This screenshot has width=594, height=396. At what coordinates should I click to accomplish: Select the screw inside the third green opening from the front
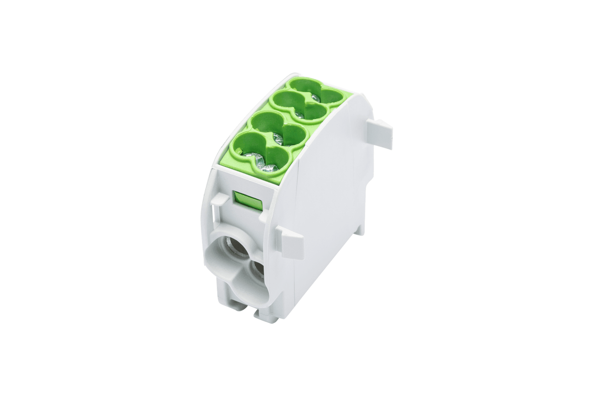pyautogui.click(x=299, y=114)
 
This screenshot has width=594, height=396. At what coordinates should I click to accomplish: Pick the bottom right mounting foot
pyautogui.click(x=268, y=316)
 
